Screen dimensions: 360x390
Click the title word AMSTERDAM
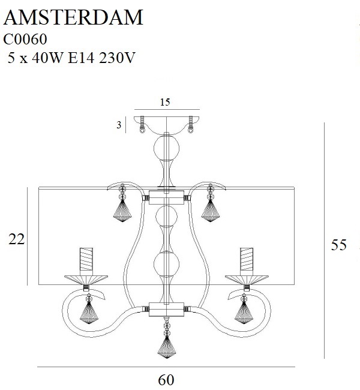(73, 17)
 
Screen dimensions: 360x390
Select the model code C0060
(25, 39)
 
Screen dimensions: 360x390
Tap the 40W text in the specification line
(47, 58)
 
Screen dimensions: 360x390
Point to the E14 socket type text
(81, 58)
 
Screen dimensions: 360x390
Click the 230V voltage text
(117, 58)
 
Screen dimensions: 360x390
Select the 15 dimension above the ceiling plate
(165, 102)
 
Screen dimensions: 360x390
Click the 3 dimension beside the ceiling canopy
(119, 125)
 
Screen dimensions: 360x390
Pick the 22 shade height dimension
(17, 239)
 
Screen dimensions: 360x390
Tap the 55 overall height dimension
(338, 245)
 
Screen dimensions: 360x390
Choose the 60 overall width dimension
(166, 380)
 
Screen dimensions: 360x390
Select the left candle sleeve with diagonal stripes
(86, 259)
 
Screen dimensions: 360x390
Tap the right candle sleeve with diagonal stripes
(247, 259)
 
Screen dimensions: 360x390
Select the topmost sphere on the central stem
(167, 148)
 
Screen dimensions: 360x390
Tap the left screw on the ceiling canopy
(142, 125)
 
